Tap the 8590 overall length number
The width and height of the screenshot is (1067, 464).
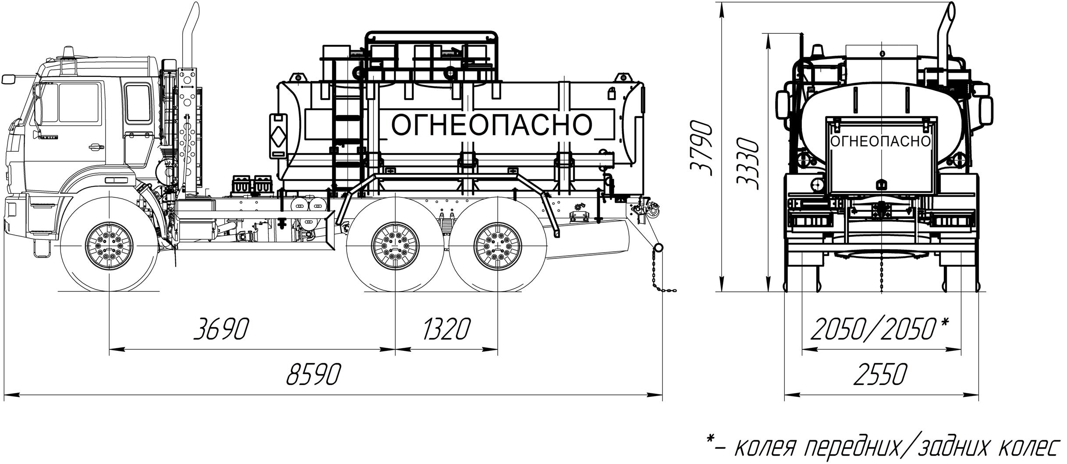[x=314, y=374]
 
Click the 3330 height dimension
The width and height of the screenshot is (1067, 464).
[x=747, y=163]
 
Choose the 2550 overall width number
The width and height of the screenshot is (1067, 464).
[x=879, y=374]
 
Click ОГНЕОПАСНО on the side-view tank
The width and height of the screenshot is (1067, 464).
[x=491, y=125]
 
